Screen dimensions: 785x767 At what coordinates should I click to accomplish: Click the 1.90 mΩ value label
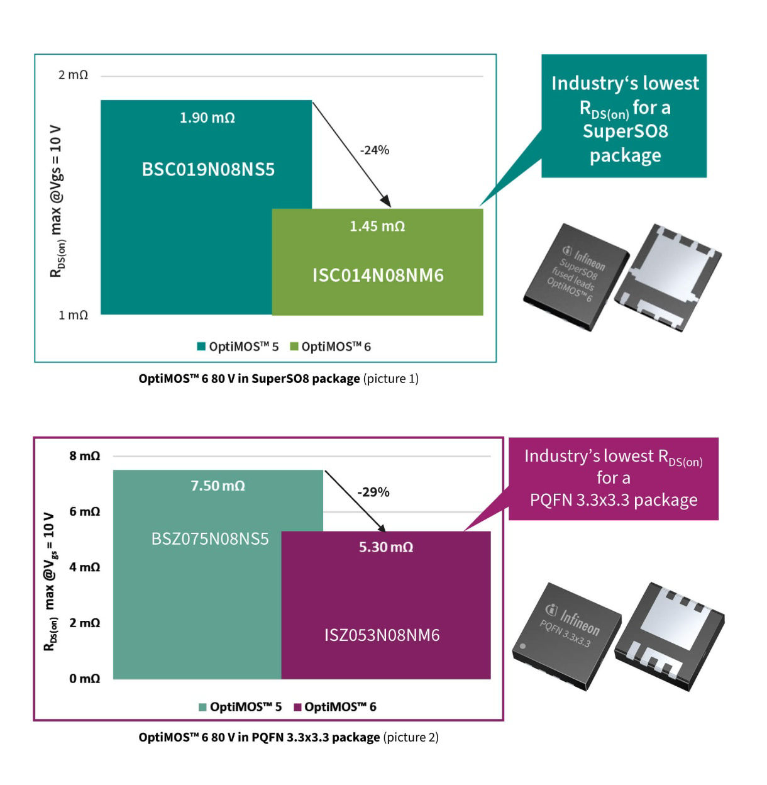point(207,118)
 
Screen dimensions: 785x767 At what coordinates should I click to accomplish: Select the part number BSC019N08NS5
point(208,170)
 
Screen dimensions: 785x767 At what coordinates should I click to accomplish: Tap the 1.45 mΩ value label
point(377,226)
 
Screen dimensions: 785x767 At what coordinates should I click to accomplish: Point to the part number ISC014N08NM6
point(378,276)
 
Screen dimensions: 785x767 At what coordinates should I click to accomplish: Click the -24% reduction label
point(375,150)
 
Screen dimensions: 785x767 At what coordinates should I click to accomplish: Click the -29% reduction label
point(373,492)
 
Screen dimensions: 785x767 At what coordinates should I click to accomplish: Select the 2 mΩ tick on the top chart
point(73,75)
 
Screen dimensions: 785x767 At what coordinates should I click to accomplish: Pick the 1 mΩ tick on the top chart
point(73,315)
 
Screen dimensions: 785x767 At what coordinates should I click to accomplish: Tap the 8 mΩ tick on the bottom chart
point(84,456)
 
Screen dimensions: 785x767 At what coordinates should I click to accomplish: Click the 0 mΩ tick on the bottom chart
point(84,679)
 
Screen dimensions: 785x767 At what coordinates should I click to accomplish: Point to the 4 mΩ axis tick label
point(84,567)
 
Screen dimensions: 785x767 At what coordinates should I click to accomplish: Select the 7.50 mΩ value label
point(218,486)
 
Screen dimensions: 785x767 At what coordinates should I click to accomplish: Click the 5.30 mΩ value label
point(385,547)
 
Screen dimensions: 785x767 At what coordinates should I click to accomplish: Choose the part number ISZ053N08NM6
point(382,635)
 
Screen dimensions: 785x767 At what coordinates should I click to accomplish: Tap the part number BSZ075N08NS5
point(210,539)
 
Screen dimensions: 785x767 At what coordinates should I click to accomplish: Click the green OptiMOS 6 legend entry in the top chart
point(331,347)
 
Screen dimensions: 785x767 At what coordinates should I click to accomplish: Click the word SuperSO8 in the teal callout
point(625,131)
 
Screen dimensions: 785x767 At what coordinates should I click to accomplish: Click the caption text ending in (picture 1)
point(279,379)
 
